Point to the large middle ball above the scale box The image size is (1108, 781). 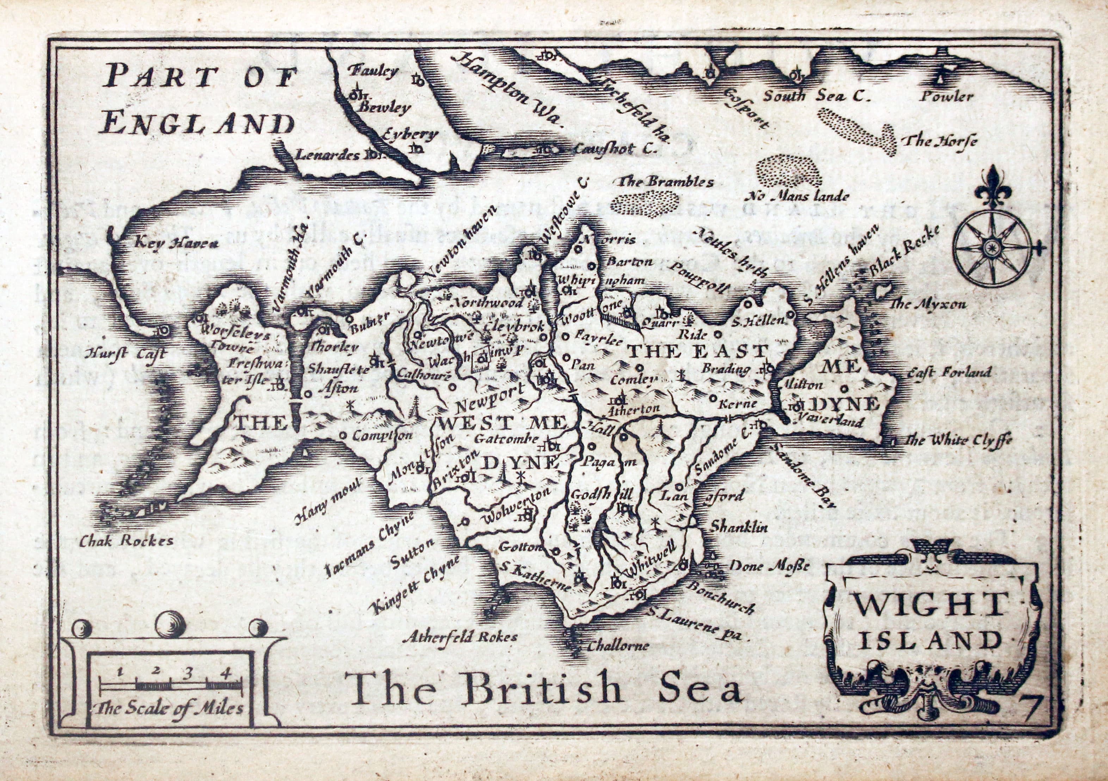coord(170,625)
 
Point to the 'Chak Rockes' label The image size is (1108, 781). coord(127,541)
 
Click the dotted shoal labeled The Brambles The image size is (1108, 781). coord(643,203)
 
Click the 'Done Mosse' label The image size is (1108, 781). coord(769,566)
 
